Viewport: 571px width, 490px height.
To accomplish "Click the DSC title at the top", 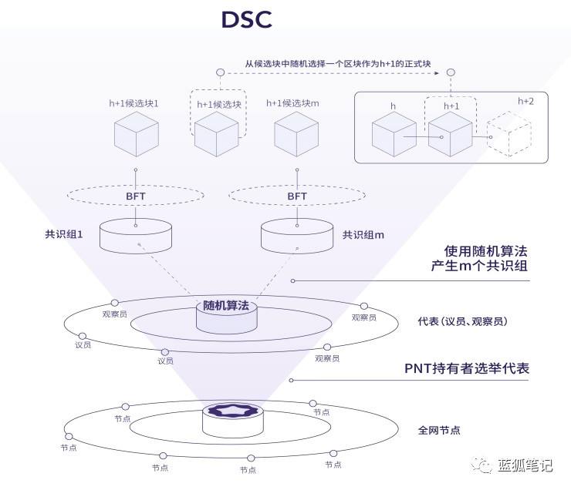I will tap(246, 20).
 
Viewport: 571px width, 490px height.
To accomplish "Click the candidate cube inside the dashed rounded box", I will tap(216, 134).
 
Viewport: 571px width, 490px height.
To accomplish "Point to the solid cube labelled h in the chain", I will tap(394, 134).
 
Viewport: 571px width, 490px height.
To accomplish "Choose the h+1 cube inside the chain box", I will tap(450, 134).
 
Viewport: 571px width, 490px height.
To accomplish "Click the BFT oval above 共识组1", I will tap(136, 196).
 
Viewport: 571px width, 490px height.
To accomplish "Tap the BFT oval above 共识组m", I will tap(297, 196).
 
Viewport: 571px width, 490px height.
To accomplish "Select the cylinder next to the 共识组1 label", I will tap(136, 236).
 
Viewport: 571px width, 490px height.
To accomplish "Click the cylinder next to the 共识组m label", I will tap(297, 236).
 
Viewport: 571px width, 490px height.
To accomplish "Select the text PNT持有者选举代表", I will tap(467, 368).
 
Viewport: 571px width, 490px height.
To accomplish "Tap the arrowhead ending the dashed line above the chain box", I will tap(449, 72).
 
